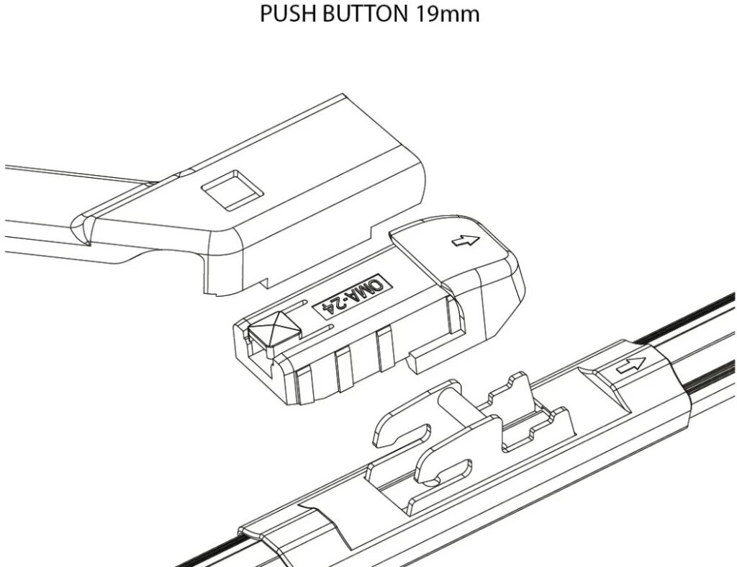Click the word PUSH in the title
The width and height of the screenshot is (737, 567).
284,14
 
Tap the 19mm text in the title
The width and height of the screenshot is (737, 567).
447,14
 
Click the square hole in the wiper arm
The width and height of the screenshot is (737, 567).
230,189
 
